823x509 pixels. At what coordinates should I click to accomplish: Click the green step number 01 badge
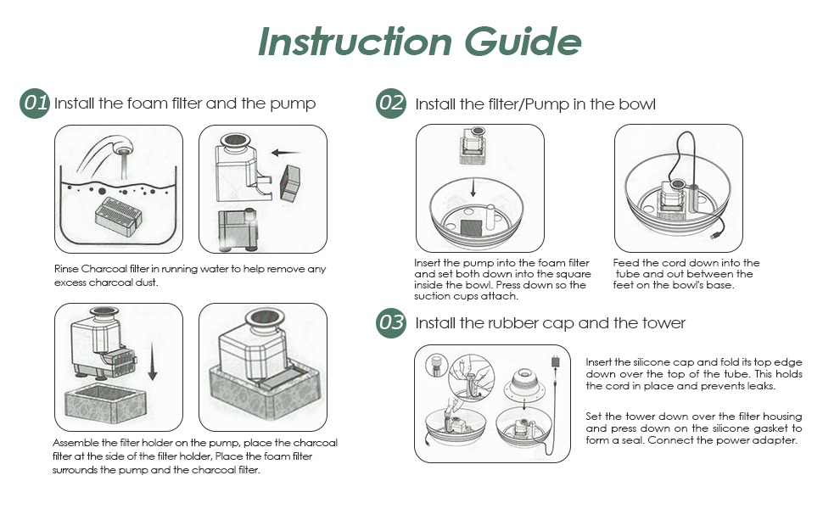[x=35, y=103]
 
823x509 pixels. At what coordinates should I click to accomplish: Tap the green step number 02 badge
[x=391, y=103]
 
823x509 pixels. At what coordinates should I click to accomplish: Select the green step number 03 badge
[x=391, y=322]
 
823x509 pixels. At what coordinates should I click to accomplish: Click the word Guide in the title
[x=523, y=42]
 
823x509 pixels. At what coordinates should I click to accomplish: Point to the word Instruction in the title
[x=356, y=42]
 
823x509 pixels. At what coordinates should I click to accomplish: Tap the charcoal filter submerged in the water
[x=119, y=213]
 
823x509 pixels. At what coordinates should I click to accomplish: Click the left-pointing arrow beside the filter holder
[x=286, y=154]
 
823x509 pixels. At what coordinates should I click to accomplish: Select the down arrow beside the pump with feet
[x=152, y=361]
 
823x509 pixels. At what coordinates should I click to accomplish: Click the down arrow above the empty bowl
[x=473, y=187]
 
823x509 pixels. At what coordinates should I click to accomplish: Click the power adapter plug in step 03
[x=555, y=361]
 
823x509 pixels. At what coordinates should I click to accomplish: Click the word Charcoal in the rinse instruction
[x=104, y=269]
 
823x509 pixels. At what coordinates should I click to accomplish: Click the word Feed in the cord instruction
[x=625, y=263]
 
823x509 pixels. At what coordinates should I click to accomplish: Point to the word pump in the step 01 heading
[x=293, y=104]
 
